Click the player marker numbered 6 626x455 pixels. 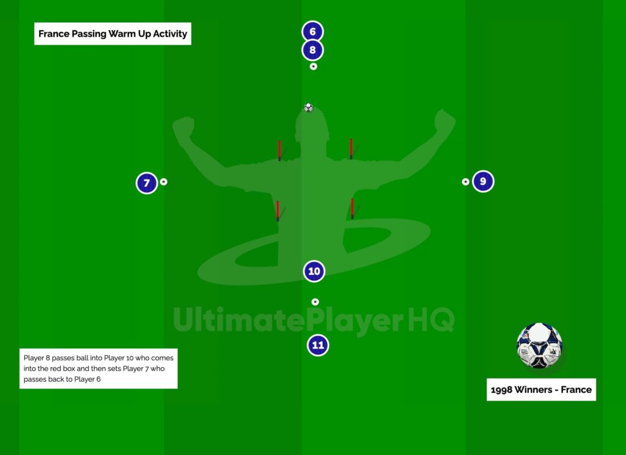312,32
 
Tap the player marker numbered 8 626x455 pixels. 312,50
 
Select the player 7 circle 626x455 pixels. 147,183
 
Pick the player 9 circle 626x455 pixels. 483,181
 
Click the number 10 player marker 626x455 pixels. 314,271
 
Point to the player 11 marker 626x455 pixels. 318,345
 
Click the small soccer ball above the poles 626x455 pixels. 308,107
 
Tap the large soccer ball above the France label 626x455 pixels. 539,345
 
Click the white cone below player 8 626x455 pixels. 314,67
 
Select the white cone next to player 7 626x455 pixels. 164,182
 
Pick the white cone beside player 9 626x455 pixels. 465,182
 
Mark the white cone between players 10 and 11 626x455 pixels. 315,302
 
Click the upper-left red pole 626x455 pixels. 279,151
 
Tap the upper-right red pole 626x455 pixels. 351,149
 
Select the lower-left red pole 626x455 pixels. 278,211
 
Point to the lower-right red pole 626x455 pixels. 352,208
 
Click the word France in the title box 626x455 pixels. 54,34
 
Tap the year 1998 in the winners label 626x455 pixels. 501,390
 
